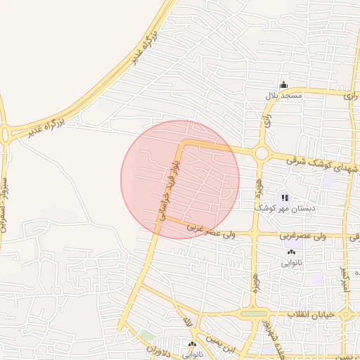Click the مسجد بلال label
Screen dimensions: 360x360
click(x=283, y=95)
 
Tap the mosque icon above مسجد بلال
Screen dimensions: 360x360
click(x=283, y=84)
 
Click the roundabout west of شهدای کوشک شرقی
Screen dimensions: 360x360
click(x=262, y=153)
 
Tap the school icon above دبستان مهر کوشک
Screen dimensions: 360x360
click(x=284, y=198)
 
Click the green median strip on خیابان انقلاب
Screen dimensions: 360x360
click(x=254, y=313)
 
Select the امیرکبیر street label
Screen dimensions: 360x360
click(x=344, y=279)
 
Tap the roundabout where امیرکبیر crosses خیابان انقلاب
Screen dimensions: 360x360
click(x=345, y=314)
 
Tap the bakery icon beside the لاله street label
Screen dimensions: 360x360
click(x=192, y=345)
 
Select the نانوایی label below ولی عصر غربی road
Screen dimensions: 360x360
click(x=292, y=263)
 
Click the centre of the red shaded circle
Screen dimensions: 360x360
click(x=180, y=179)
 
